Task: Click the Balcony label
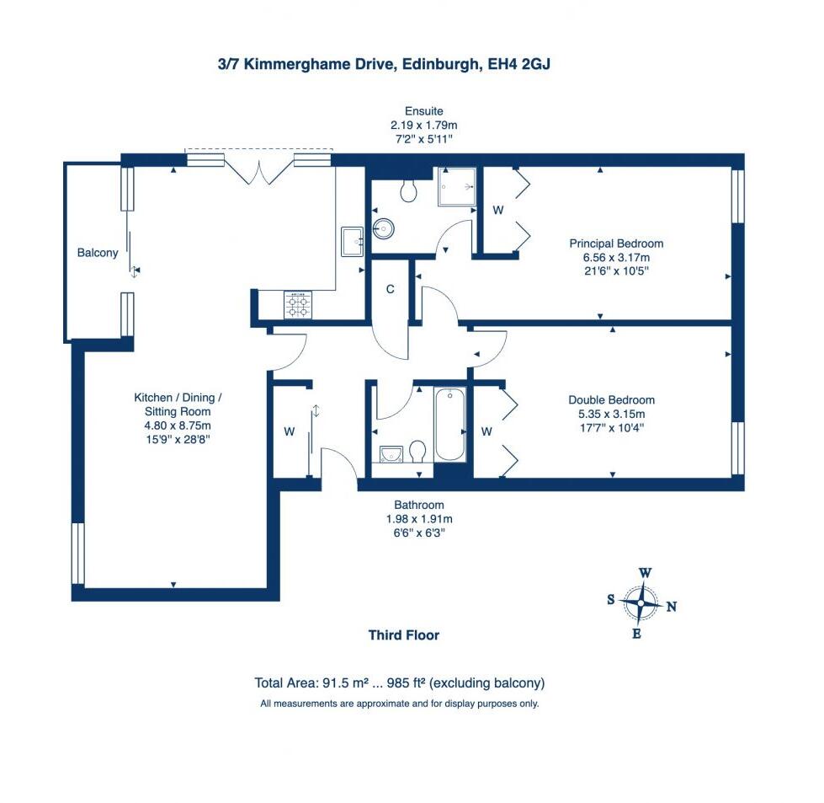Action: (98, 253)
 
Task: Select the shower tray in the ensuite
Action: (456, 187)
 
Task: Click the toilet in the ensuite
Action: (410, 190)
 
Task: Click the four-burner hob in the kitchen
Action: (298, 304)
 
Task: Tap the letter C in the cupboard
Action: (390, 290)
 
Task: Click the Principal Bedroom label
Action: (610, 244)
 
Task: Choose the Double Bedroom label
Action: (611, 400)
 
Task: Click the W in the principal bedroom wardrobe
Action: (497, 211)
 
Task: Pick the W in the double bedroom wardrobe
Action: (486, 432)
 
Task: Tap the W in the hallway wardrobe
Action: (289, 432)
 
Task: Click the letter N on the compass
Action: (671, 607)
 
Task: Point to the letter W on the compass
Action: (645, 573)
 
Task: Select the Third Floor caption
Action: (403, 635)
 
